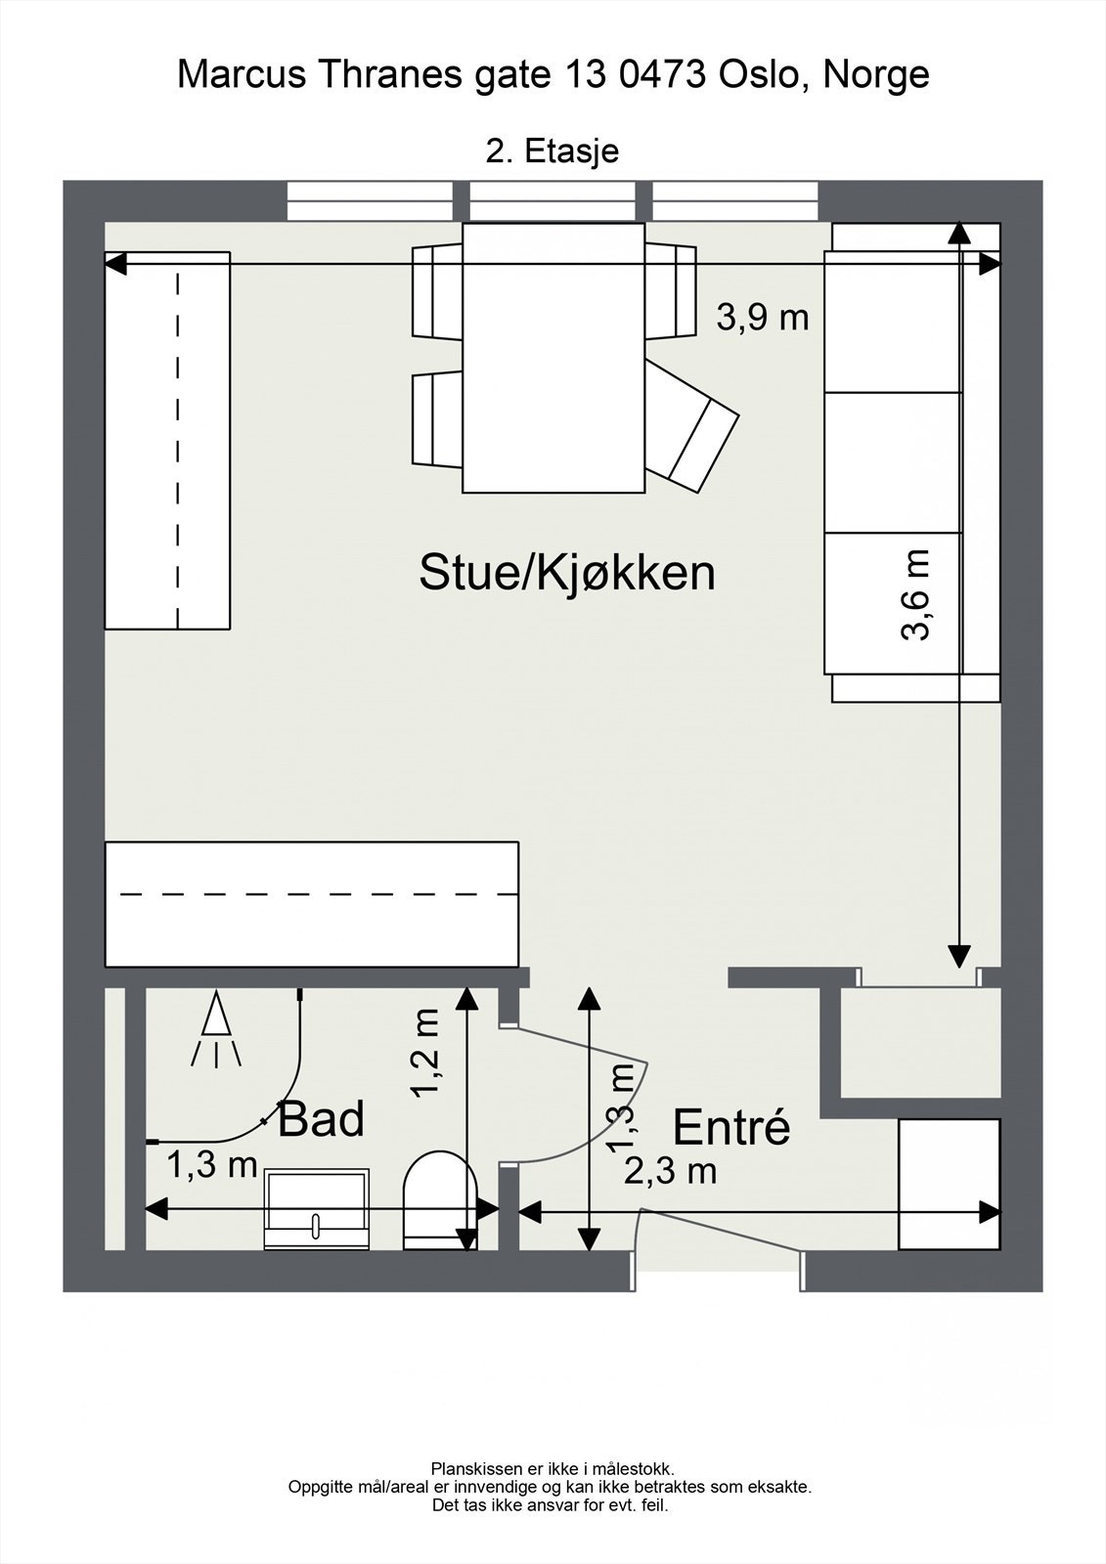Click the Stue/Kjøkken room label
(567, 573)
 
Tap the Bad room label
(321, 1119)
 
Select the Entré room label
(731, 1128)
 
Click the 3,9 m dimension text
(763, 318)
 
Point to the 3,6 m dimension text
(916, 594)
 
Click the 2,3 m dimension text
(671, 1170)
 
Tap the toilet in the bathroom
(440, 1202)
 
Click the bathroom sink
(317, 1209)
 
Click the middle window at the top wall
(553, 201)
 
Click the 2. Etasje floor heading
(553, 152)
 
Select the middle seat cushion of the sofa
(892, 462)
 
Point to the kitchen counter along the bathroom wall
(311, 904)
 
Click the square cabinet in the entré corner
(949, 1184)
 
